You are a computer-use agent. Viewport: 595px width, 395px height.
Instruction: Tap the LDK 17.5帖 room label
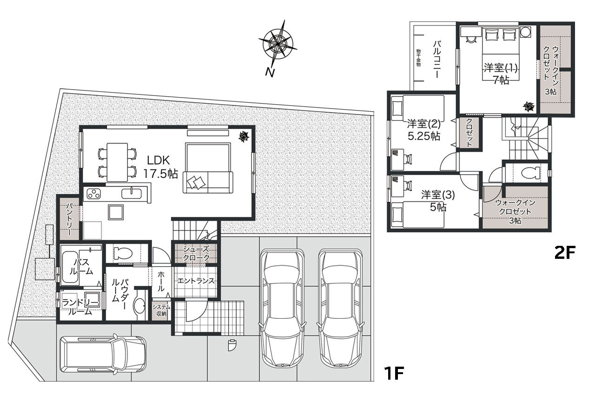coord(160,167)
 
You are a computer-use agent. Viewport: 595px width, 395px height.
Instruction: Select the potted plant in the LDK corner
coord(243,137)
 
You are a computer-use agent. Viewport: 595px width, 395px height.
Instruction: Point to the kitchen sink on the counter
coord(132,193)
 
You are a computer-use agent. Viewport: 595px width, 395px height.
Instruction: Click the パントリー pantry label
coord(69,219)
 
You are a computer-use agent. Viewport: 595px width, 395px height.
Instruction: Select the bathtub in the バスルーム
coord(70,267)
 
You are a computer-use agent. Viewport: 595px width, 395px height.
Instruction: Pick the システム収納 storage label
coord(161,310)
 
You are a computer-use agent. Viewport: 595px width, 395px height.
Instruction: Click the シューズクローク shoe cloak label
coord(196,253)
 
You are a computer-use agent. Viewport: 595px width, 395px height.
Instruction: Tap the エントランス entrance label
coord(196,281)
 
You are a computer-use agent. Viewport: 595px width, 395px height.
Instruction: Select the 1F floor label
coord(393,373)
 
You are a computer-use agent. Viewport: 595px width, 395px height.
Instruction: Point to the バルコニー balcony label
coord(436,59)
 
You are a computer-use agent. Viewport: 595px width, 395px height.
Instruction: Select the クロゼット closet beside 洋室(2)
coord(469,132)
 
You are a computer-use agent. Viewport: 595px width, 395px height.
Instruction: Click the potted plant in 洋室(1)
coord(529,107)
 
